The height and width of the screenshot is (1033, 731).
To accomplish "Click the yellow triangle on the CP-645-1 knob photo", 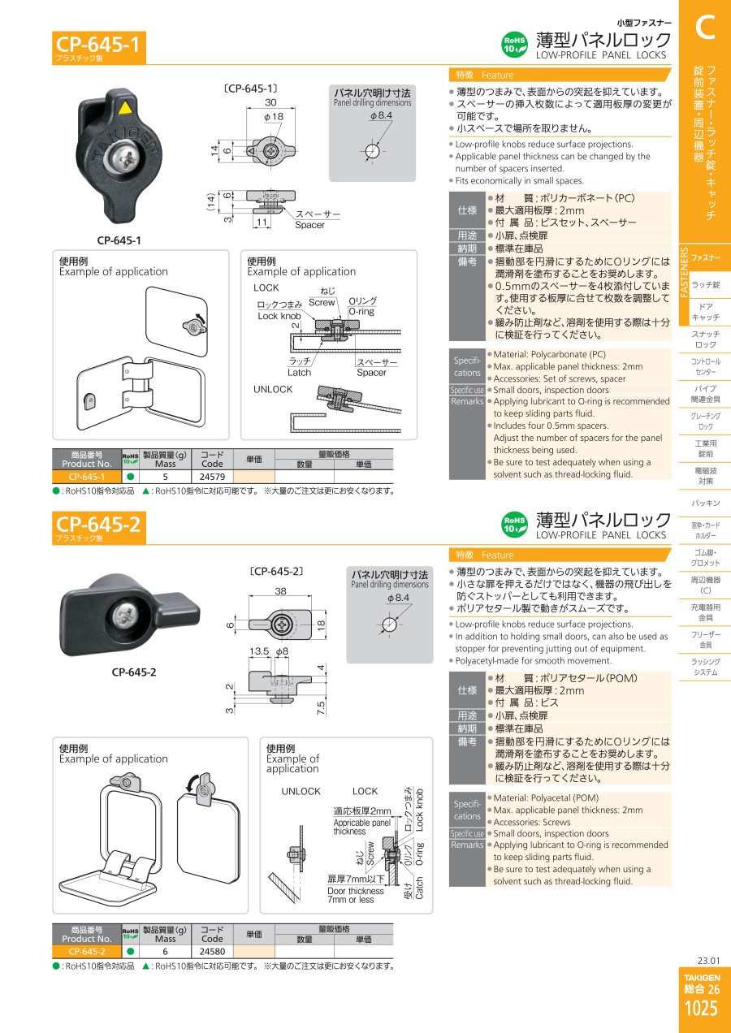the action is pos(124,108).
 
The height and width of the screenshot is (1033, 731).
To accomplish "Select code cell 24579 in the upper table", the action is pos(212,477).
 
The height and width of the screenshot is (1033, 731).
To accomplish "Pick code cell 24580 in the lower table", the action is pos(212,951).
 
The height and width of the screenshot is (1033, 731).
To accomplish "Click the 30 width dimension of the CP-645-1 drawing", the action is pos(270,102).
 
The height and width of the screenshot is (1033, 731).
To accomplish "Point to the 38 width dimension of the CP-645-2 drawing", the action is pos(280,590).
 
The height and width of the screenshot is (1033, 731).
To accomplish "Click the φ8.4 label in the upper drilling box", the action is pos(381,115).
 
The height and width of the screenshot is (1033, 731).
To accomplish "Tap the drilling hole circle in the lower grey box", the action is pos(389,625).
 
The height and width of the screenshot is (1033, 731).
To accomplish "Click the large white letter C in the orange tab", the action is pos(705,28).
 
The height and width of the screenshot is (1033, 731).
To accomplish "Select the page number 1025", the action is pos(702,1009).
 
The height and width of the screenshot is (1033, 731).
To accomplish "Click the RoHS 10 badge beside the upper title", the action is pos(514,45).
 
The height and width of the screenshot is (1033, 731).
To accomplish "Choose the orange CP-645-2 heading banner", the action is pos(99,528).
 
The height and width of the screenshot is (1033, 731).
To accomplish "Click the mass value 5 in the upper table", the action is pos(165,477).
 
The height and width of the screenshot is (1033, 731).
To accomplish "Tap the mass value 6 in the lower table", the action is pos(165,951).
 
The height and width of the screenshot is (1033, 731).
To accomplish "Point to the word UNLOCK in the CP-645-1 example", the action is pos(273,389).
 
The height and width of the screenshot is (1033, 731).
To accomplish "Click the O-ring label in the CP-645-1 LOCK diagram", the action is pos(362,312).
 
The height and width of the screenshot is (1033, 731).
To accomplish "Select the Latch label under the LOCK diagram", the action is pos(300,373).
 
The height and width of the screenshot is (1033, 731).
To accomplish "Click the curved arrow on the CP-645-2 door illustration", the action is pos(191,782).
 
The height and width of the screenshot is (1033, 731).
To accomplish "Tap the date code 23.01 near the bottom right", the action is pos(708,961).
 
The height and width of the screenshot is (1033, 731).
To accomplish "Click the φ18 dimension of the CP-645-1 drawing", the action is pos(274,117).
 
